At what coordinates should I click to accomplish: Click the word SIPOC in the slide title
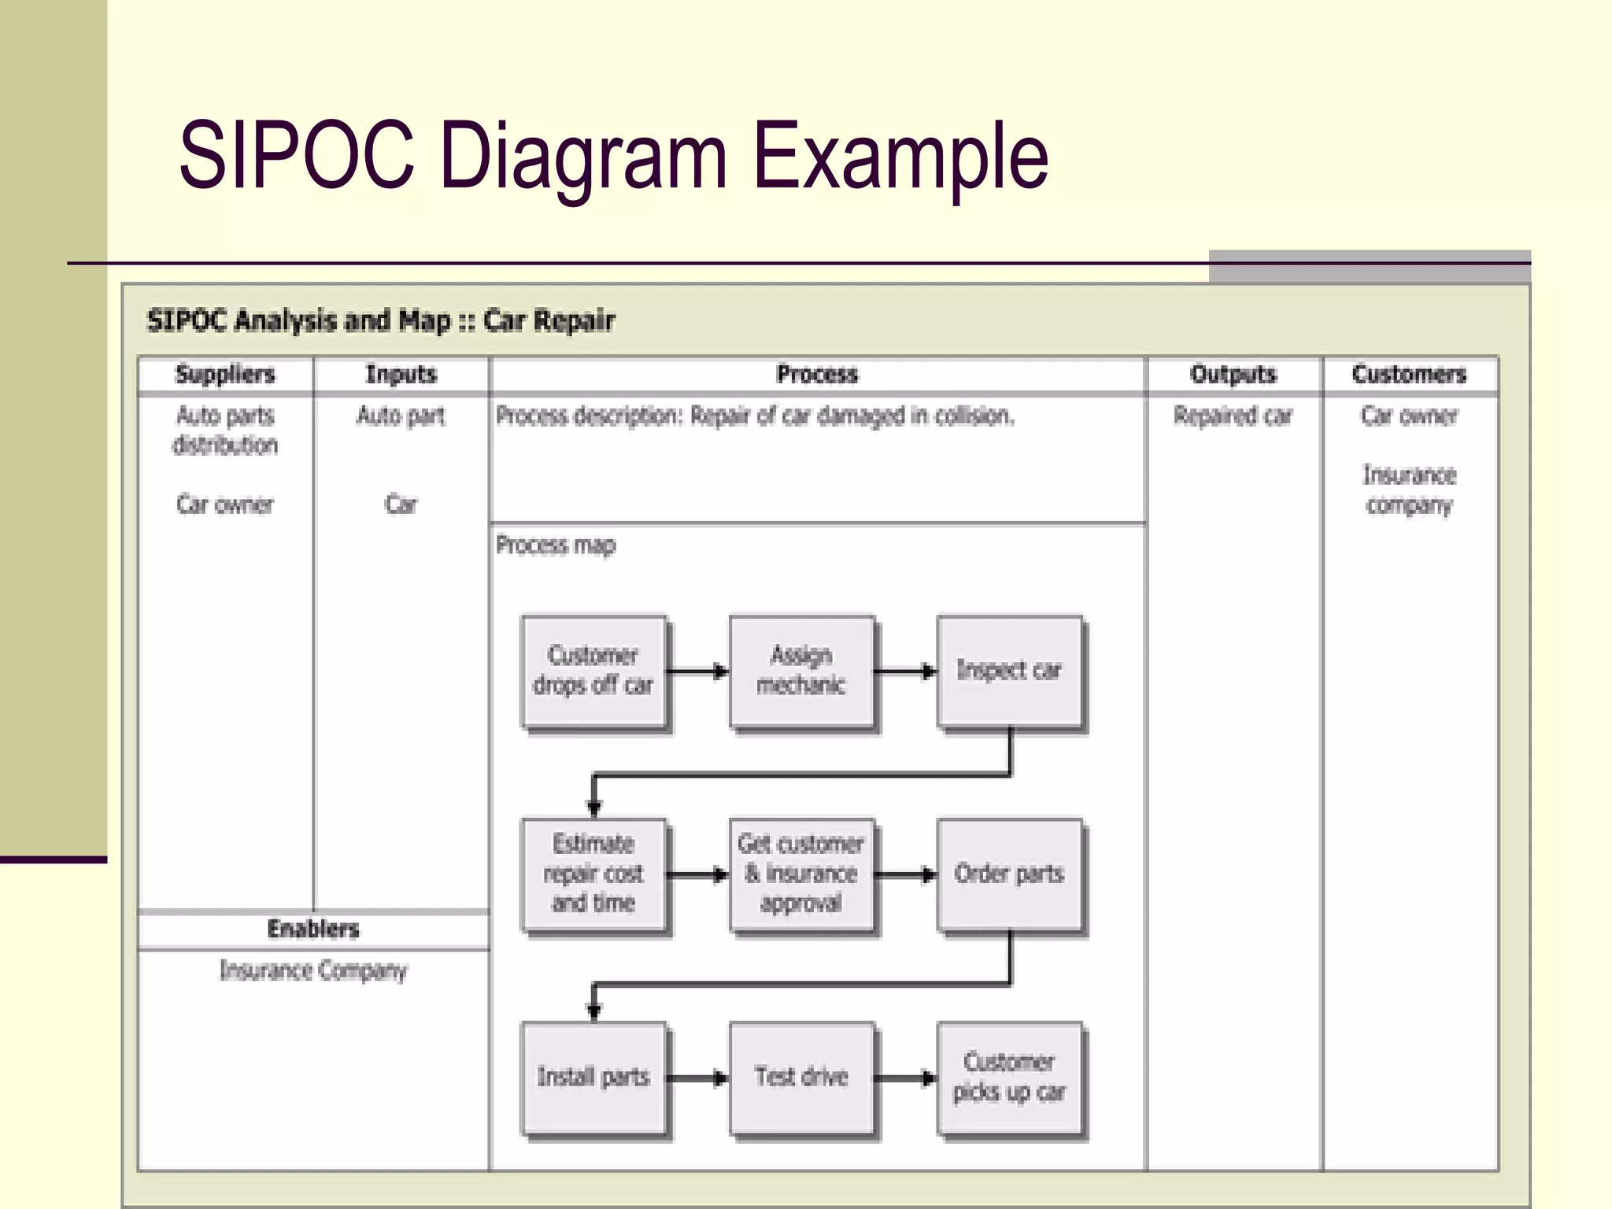[297, 155]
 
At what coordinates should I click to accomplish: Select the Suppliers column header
[225, 375]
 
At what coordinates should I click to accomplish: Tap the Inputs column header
[401, 375]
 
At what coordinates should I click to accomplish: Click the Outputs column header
[1233, 375]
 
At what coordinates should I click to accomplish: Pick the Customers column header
[1409, 375]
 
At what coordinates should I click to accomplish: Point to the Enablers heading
[313, 929]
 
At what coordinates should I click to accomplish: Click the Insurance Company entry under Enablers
[313, 971]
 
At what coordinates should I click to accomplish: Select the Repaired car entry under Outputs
[1233, 416]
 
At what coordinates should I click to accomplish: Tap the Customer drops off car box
[593, 671]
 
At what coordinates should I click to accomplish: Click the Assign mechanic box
[801, 671]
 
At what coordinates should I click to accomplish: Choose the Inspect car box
[1009, 671]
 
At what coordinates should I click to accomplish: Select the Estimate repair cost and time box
[593, 874]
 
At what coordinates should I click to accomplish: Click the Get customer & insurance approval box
[801, 874]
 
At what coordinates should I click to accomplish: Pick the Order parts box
[1009, 874]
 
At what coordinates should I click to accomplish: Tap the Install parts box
[593, 1077]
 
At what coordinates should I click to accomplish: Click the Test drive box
[801, 1077]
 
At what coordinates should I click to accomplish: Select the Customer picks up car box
[1009, 1077]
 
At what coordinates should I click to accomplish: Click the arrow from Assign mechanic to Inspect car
[905, 671]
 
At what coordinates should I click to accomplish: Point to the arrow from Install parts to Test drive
[697, 1078]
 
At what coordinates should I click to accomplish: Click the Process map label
[556, 545]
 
